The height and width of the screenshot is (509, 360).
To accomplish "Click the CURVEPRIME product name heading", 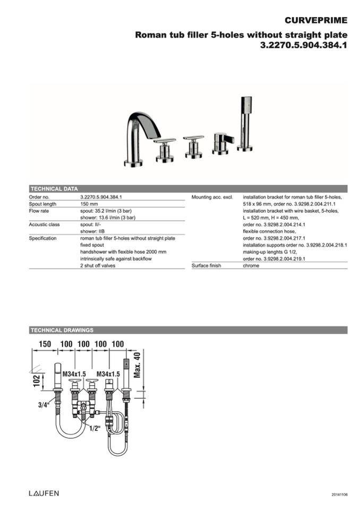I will (315, 21).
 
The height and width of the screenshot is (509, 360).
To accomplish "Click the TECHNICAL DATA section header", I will (54, 188).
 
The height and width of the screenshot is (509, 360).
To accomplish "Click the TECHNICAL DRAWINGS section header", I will (62, 330).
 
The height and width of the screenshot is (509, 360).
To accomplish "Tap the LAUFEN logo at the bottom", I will (44, 493).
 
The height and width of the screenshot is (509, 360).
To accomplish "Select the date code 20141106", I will (339, 495).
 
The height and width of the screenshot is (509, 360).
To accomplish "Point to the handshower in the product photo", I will (245, 122).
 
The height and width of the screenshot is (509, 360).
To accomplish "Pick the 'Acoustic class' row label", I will (44, 225).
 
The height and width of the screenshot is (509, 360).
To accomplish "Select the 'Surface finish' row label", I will (206, 265).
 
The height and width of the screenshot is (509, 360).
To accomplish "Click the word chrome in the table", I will (251, 265).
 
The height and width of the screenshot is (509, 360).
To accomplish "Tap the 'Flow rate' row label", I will (39, 211).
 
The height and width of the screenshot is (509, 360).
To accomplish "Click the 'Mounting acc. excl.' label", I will (212, 197).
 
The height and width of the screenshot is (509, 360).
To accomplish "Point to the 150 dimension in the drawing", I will (45, 344).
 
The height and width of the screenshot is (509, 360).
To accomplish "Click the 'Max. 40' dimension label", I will (137, 365).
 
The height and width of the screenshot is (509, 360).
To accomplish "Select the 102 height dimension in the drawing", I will (36, 381).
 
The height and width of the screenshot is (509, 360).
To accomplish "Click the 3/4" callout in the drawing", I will (43, 405).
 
